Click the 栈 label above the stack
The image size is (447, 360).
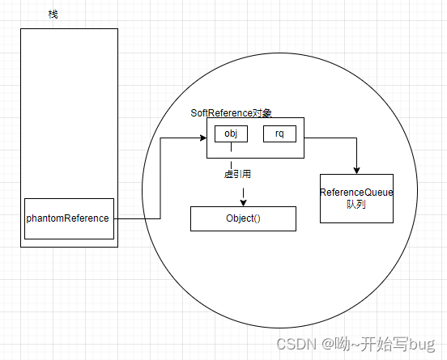pos(53,15)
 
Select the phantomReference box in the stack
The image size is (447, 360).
pos(69,218)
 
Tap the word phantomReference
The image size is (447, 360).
pos(68,218)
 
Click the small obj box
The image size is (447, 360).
pos(231,133)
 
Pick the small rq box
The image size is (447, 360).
pos(279,133)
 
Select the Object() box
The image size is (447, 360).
pos(243,218)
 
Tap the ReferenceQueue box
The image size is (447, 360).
pos(356,198)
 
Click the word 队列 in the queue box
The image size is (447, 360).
pos(356,205)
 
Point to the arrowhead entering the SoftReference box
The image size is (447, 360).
pos(202,138)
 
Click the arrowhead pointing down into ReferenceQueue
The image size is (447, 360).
pos(356,169)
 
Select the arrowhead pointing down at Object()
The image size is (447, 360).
pos(243,202)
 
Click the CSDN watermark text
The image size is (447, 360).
pos(296,345)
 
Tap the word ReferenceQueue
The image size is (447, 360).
pos(356,193)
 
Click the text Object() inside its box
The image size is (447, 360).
pos(243,218)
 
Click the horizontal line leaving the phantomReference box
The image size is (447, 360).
pos(138,218)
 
